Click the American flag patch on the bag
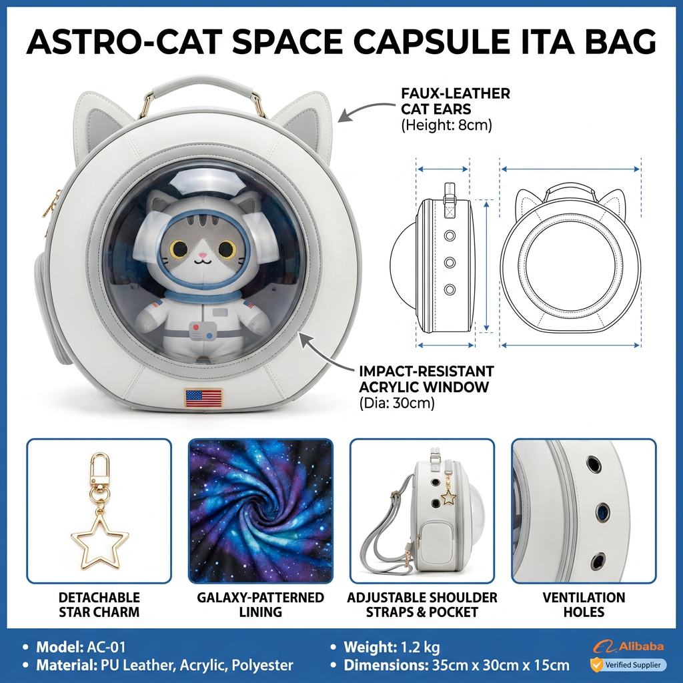[203, 398]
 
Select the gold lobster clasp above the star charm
[99, 470]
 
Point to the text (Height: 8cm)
[446, 125]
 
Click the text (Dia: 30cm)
[397, 403]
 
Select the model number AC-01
[106, 647]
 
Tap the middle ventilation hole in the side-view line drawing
[450, 263]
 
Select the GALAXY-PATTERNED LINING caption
[261, 604]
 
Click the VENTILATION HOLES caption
[584, 604]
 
